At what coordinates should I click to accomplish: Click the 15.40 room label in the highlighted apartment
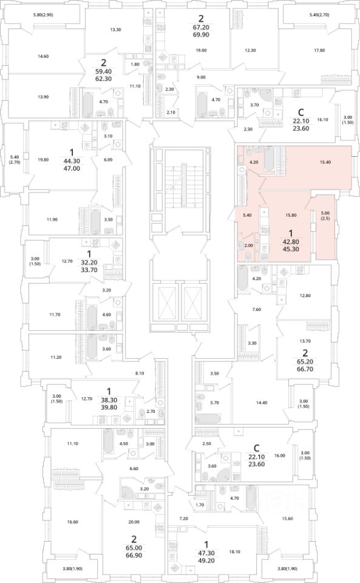click(x=325, y=162)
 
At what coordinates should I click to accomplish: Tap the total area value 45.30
click(x=291, y=249)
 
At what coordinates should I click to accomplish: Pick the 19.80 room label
click(x=44, y=160)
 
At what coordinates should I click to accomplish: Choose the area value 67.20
click(x=201, y=27)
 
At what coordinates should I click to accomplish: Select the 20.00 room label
click(x=134, y=522)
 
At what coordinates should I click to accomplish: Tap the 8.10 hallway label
click(x=140, y=373)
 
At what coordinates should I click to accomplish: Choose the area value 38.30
click(x=109, y=400)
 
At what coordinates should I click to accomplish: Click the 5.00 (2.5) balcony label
click(x=325, y=216)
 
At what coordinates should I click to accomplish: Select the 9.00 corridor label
click(x=201, y=77)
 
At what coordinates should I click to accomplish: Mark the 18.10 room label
click(x=243, y=552)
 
